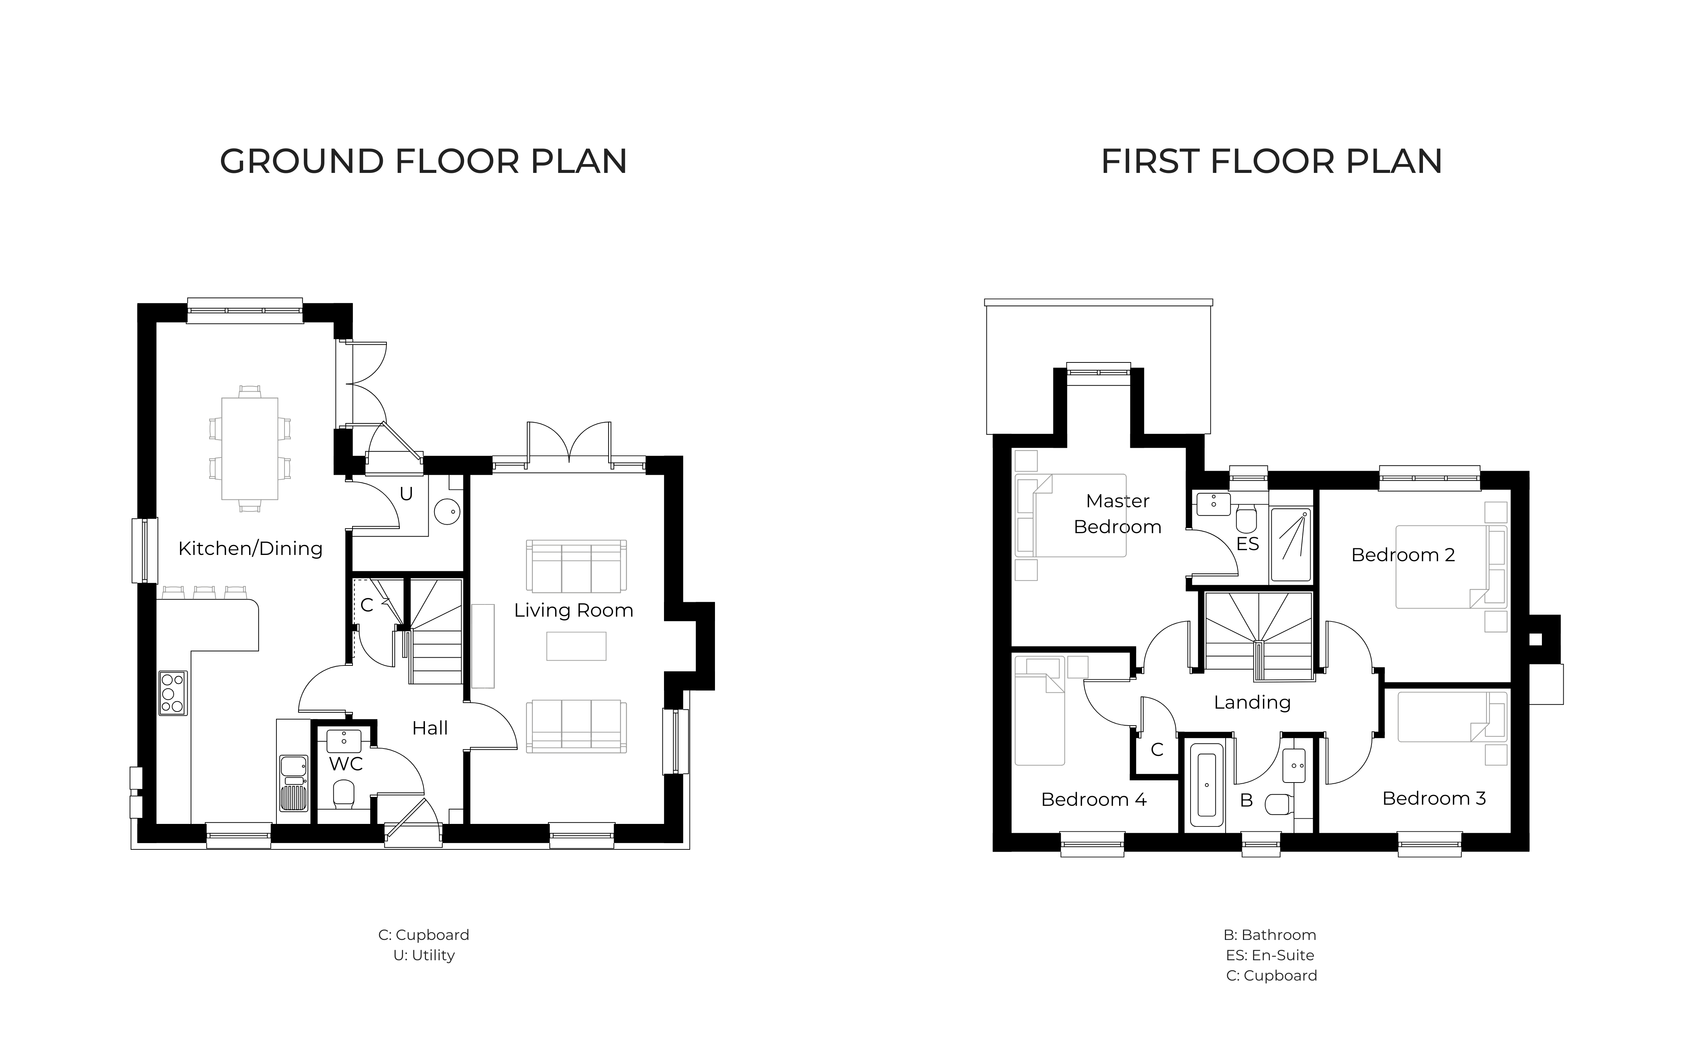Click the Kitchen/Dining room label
tap(250, 548)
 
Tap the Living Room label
tap(573, 611)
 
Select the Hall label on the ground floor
tap(430, 728)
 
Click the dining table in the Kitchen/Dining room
tap(250, 449)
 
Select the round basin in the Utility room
tap(447, 512)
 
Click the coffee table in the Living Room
tap(576, 646)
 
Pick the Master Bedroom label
tap(1118, 514)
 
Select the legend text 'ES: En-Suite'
tap(1270, 955)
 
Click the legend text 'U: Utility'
tap(424, 955)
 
